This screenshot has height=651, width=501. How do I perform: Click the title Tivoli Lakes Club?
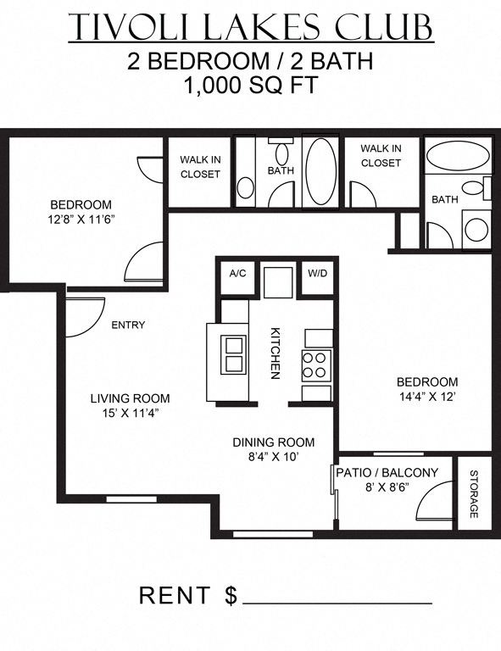coord(250,27)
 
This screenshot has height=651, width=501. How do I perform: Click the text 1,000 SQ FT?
coord(250,86)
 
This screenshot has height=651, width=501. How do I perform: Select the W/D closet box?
coord(317,274)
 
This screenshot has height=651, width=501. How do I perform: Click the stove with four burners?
coord(315,364)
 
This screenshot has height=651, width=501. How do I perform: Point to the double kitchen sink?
coord(233,355)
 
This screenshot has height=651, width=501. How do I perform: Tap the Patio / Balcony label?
coord(387,473)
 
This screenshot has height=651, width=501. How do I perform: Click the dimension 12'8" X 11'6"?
coord(81,219)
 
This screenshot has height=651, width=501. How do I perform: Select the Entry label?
coord(128,325)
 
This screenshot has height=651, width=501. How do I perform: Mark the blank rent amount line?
coord(337,602)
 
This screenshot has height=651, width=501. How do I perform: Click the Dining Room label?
coord(274,442)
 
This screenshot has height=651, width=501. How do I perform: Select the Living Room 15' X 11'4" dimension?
coord(131,413)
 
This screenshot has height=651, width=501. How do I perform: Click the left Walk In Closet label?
coord(200,167)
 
